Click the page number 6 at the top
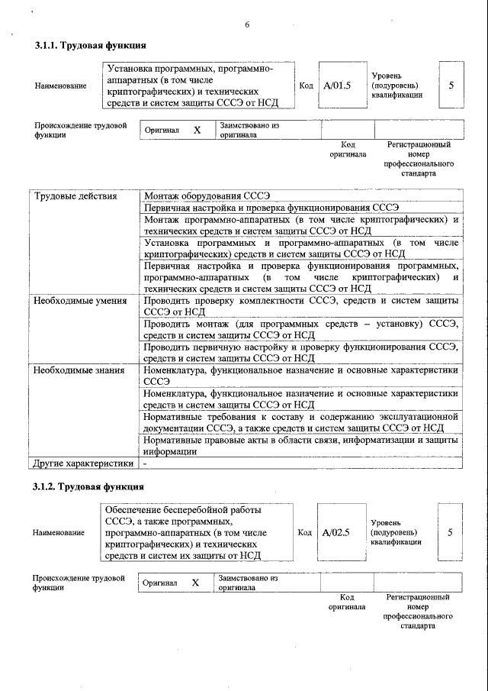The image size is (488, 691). point(247,25)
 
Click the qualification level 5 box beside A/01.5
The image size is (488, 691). point(451,85)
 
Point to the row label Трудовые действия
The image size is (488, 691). point(75,196)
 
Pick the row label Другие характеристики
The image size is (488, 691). point(83,463)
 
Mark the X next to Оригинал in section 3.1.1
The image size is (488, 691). point(197,131)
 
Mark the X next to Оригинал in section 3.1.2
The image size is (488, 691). point(195,583)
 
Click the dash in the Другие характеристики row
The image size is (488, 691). point(145,463)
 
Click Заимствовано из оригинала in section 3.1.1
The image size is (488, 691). point(249,130)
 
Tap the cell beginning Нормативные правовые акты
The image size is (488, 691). point(301,445)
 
